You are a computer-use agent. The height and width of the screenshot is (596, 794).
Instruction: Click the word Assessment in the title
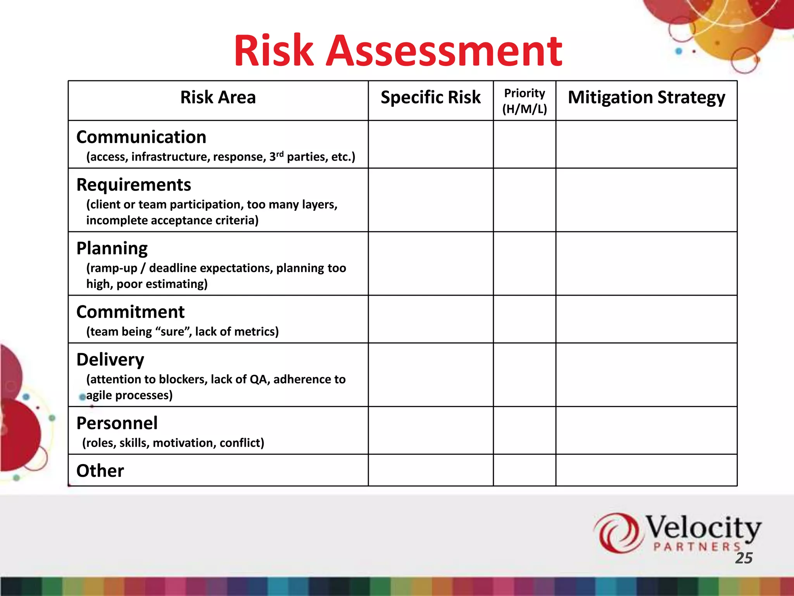coord(444,51)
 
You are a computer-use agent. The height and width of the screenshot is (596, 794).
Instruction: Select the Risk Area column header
coord(218,97)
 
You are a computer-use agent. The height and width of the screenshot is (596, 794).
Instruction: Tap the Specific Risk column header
coord(430,97)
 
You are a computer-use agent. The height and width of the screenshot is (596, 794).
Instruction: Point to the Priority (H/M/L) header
coord(524,101)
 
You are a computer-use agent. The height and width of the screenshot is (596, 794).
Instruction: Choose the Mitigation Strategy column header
coord(646,97)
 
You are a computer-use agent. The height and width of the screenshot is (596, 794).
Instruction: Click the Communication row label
coord(141,137)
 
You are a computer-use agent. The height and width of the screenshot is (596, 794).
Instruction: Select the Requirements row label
coord(134,185)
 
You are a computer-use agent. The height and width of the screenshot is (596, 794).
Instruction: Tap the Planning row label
coord(112,248)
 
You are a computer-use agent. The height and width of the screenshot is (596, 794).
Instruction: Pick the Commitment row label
coord(130,312)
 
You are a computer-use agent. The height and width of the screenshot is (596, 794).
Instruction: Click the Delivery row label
coord(110,360)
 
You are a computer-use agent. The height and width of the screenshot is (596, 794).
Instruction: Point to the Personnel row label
coord(117,423)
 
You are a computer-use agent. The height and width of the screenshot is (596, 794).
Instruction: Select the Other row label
coord(100,471)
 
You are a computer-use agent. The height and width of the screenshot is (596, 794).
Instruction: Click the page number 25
coord(744,558)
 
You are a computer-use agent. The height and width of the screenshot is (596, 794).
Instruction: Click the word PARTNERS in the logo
coord(697,547)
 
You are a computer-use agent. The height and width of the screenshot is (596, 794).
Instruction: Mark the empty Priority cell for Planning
coord(524,263)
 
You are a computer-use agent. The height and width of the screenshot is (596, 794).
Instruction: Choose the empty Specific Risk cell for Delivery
coord(430,375)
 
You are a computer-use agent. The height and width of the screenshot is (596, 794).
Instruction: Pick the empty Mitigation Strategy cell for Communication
coord(646,144)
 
